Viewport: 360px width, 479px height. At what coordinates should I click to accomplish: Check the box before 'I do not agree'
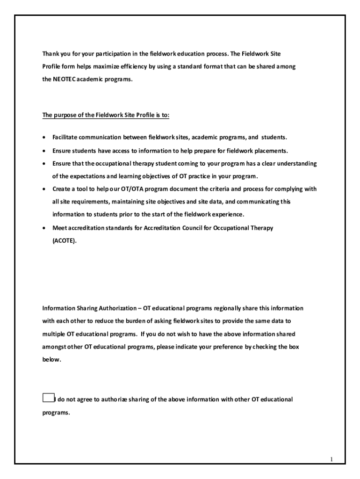click(48, 398)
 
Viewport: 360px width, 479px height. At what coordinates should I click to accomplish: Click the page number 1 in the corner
click(331, 459)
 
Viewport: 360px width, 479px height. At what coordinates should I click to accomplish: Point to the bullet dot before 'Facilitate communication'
click(44, 138)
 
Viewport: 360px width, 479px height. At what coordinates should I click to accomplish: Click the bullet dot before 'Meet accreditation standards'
click(44, 228)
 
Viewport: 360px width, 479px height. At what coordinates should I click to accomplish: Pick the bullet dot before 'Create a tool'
click(44, 189)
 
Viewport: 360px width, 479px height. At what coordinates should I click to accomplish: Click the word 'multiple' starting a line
click(53, 334)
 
